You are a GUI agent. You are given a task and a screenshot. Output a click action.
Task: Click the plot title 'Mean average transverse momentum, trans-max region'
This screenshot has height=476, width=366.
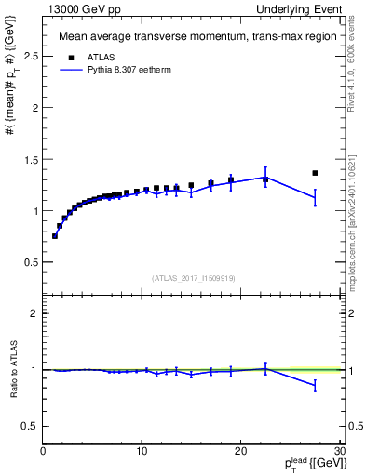(189, 37)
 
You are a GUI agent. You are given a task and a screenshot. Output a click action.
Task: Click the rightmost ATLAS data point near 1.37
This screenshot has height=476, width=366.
(315, 173)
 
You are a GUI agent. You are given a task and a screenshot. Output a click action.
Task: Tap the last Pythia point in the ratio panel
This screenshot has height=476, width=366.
(315, 384)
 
